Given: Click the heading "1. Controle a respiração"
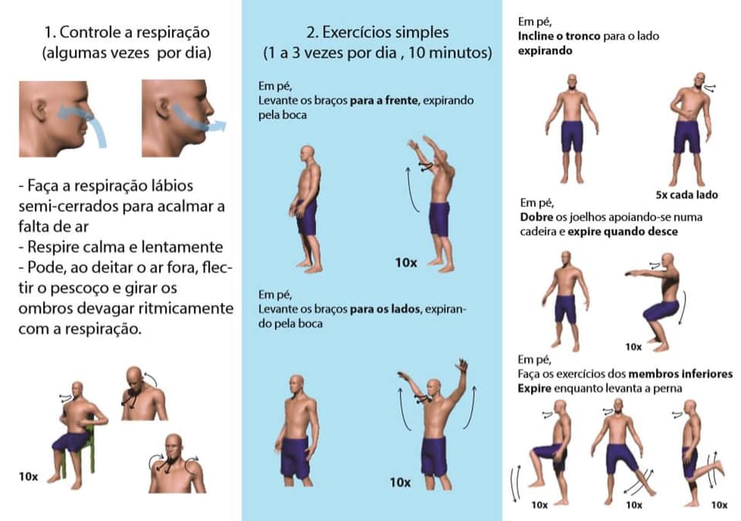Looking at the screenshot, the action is coord(127,32).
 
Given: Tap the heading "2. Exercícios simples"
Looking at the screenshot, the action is coord(377,32).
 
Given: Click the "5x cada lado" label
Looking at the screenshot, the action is coord(687,195).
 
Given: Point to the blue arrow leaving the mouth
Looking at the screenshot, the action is coord(198,119).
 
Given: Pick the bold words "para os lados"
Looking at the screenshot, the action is coord(384,309).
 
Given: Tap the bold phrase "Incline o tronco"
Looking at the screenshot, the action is coord(559,36).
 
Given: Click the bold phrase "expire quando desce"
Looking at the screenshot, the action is coord(622,231).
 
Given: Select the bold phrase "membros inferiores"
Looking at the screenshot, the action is coord(681,374).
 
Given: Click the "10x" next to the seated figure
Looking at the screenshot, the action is coord(29,476).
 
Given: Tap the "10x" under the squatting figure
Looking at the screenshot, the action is coord(633,347).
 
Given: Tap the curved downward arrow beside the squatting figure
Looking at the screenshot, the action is coord(682,308).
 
